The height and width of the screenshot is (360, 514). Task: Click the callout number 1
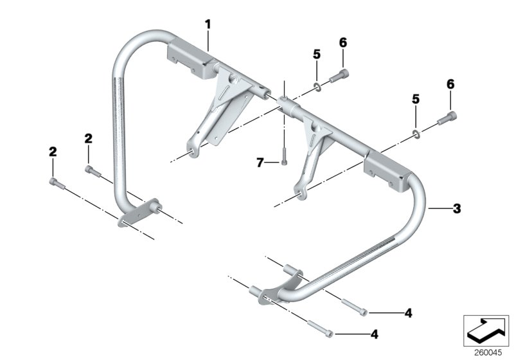[x=208, y=24]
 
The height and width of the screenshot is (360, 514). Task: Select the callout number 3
[x=457, y=208]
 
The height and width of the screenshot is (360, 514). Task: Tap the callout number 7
[x=260, y=163]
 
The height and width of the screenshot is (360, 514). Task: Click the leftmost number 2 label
[x=52, y=152]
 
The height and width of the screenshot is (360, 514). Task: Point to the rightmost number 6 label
[x=449, y=85]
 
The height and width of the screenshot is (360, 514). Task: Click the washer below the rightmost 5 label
[x=416, y=134]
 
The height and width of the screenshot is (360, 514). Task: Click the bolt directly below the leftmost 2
[x=56, y=183]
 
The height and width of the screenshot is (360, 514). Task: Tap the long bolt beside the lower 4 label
[x=320, y=328]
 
